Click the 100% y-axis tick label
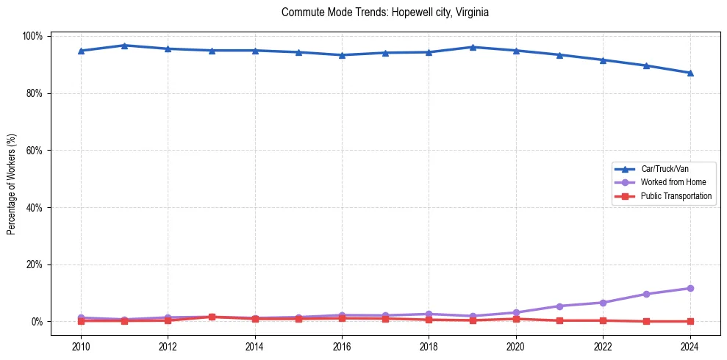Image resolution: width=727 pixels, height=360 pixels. [x=33, y=36]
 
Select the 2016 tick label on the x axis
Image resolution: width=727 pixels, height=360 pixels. [x=342, y=348]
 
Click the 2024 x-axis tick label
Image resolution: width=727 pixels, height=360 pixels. [x=690, y=348]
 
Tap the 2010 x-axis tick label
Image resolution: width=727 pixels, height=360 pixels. [x=81, y=348]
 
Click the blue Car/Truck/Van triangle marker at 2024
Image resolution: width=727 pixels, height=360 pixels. [x=690, y=73]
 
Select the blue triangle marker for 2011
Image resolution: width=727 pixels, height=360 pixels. [x=124, y=46]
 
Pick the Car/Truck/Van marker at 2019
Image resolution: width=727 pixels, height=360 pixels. [x=473, y=47]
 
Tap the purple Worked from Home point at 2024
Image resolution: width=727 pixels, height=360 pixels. [x=690, y=288]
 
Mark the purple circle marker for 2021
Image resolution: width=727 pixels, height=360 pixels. [x=559, y=306]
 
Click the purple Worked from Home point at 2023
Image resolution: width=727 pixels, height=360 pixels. [x=646, y=294]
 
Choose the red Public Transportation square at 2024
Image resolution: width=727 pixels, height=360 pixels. [x=690, y=321]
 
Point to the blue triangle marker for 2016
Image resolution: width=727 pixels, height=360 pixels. [x=342, y=55]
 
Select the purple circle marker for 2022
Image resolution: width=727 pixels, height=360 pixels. [x=603, y=303]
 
